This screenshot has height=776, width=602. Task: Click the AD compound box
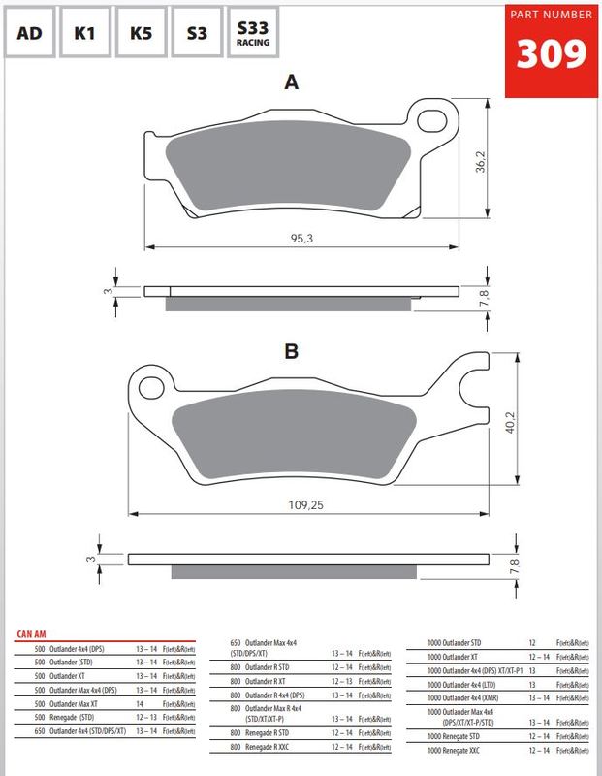coord(30,32)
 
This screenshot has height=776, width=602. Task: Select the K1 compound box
coord(85,32)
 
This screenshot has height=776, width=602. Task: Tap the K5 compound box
coord(141,32)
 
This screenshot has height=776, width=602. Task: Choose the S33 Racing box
coord(253,32)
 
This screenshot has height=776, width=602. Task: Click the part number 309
coord(550,54)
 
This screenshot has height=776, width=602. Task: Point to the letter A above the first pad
coord(290,83)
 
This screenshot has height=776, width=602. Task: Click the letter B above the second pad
coord(290,350)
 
